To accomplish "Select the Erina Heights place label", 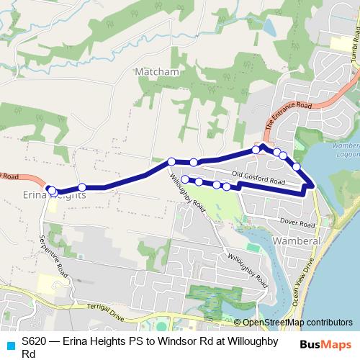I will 55,195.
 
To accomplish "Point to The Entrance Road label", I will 287,116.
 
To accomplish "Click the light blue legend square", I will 10,344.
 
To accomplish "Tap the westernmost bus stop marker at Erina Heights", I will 50,189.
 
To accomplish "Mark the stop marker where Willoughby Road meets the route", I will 171,162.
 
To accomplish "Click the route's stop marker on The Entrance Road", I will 256,150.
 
